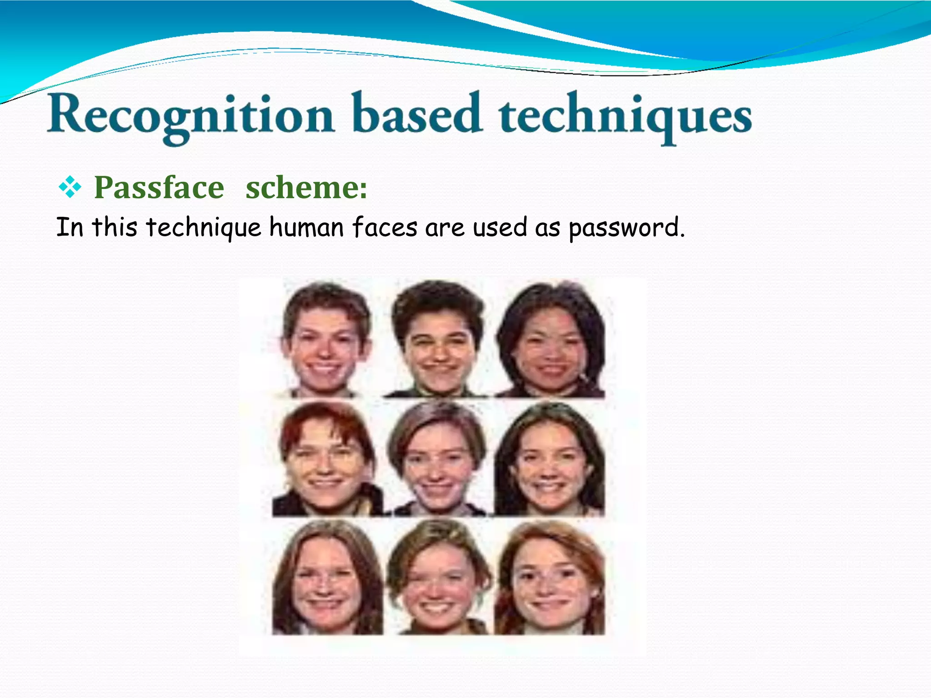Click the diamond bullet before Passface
(70, 188)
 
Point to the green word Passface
(159, 188)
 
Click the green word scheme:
(306, 188)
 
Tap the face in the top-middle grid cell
(438, 343)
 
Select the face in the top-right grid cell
(551, 343)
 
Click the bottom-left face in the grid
(325, 582)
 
